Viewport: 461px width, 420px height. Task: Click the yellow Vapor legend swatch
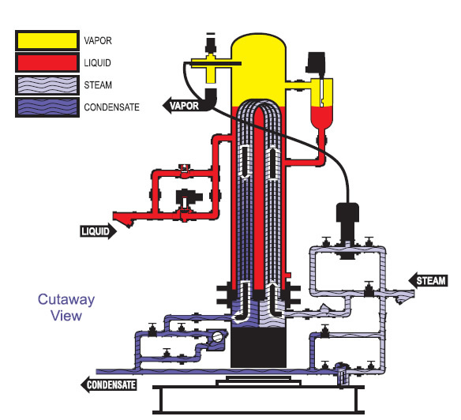click(x=47, y=39)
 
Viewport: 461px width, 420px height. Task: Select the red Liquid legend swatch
click(x=47, y=61)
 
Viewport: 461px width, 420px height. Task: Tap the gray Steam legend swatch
click(x=47, y=83)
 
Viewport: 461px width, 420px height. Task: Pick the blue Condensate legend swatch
click(x=47, y=105)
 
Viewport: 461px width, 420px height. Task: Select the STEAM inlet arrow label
click(x=427, y=279)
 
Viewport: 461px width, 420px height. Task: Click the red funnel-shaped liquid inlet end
click(x=126, y=215)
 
